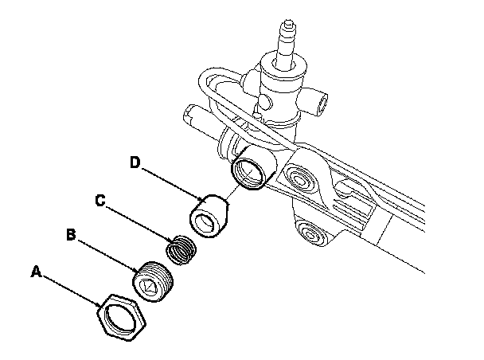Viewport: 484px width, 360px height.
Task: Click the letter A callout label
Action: [x=36, y=272]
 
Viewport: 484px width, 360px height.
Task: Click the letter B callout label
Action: [x=71, y=235]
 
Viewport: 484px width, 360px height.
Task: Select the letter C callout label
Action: [x=100, y=201]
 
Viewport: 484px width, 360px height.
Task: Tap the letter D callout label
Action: [x=135, y=162]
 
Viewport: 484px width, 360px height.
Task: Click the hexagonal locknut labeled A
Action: [x=121, y=318]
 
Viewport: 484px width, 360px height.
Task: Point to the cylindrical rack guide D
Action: [x=209, y=216]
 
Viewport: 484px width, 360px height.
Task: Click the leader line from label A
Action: [x=71, y=291]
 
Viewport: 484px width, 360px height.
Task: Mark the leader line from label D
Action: [x=172, y=183]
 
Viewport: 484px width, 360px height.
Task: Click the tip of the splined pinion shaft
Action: [x=288, y=22]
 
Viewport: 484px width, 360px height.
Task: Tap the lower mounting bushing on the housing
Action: [x=311, y=233]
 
